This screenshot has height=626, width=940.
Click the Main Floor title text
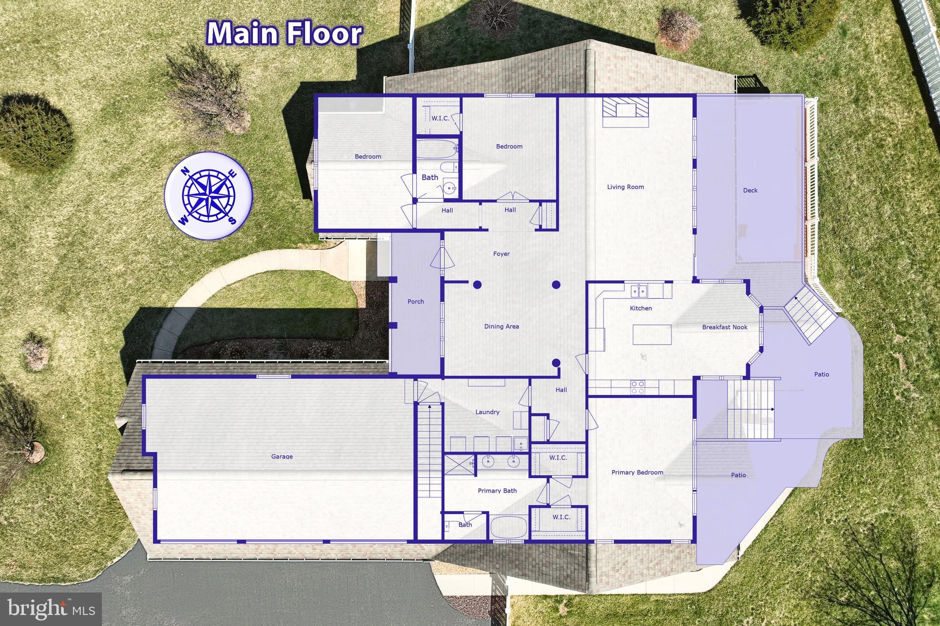coord(285,34)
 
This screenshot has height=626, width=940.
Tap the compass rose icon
coord(208,195)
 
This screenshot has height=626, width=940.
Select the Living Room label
coord(625,187)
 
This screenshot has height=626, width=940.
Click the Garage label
coord(282,456)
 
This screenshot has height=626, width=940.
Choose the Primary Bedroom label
coord(637,472)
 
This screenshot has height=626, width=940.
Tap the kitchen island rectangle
coord(652,335)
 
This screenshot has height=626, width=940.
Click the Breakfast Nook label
coord(725,327)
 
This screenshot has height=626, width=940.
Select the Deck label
coord(750,190)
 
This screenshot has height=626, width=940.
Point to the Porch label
coord(416,302)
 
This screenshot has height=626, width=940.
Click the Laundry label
coord(487,412)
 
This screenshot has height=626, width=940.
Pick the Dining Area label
coord(501,326)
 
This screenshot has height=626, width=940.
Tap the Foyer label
coord(501,254)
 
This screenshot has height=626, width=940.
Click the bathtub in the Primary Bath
coord(509,527)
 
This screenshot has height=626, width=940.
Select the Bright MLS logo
coord(51,609)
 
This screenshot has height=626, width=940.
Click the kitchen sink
coord(640,291)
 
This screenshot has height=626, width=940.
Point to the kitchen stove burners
coord(638,387)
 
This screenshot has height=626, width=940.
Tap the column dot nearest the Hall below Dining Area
coord(556,363)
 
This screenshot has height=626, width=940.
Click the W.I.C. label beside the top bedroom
coord(440,118)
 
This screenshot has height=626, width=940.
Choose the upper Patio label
coord(821,374)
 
